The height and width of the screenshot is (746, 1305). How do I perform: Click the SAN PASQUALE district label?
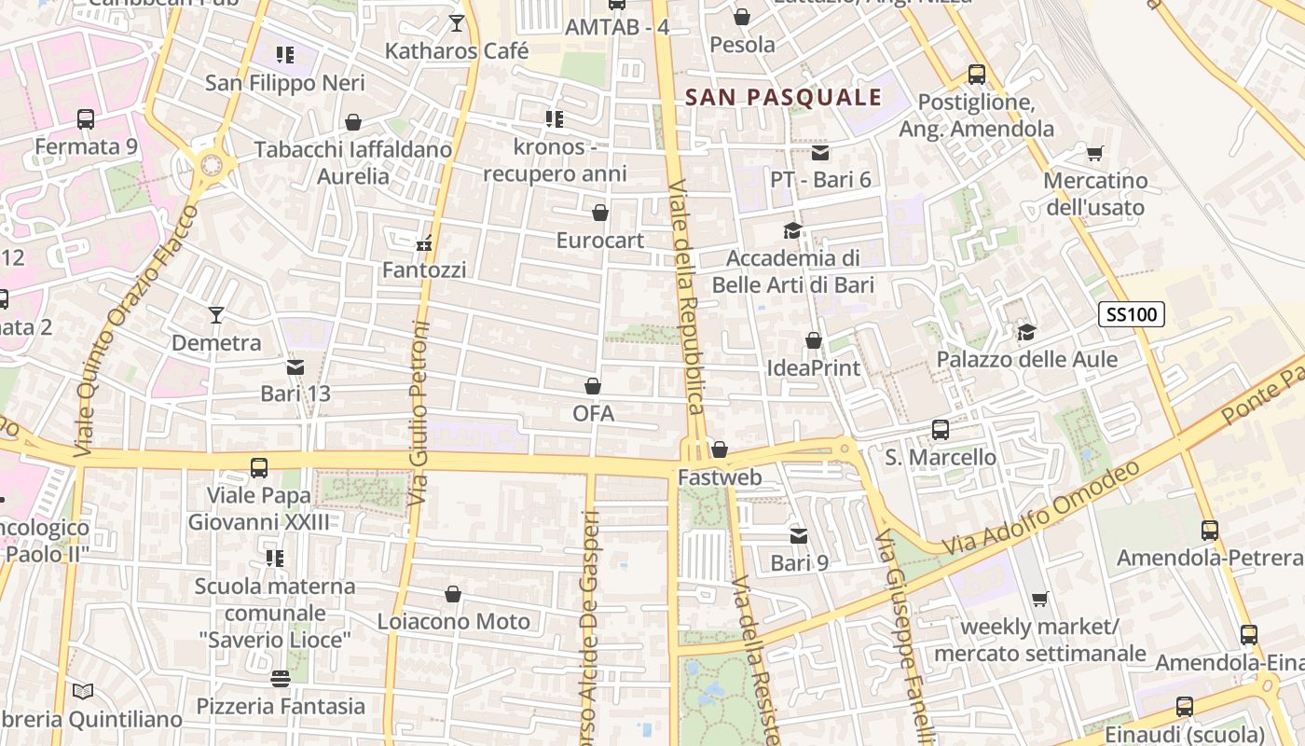pyautogui.click(x=783, y=97)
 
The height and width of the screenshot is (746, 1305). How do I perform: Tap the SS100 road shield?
pyautogui.click(x=1132, y=314)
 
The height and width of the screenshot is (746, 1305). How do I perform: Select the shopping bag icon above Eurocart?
pyautogui.click(x=600, y=214)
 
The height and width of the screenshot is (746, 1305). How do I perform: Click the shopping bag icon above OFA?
pyautogui.click(x=593, y=386)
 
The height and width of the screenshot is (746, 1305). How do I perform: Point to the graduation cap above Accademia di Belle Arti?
pyautogui.click(x=792, y=230)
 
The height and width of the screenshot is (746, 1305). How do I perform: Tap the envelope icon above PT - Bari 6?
pyautogui.click(x=820, y=153)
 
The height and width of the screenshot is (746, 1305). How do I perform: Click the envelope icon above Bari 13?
pyautogui.click(x=295, y=367)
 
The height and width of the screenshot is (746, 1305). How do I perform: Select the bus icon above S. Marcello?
pyautogui.click(x=941, y=430)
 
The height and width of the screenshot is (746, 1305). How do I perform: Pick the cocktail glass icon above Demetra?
pyautogui.click(x=216, y=315)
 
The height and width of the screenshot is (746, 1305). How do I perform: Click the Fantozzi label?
pyautogui.click(x=424, y=269)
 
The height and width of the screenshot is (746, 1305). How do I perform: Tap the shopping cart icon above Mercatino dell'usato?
pyautogui.click(x=1095, y=153)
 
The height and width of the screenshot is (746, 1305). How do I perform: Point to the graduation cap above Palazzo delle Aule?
pyautogui.click(x=1026, y=332)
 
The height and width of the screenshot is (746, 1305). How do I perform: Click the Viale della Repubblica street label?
pyautogui.click(x=688, y=296)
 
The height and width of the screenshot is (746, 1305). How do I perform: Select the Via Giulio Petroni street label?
pyautogui.click(x=419, y=414)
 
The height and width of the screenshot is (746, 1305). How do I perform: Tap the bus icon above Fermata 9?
pyautogui.click(x=86, y=119)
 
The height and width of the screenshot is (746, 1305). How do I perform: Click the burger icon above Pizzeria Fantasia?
pyautogui.click(x=281, y=679)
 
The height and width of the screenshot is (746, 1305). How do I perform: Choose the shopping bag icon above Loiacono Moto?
pyautogui.click(x=453, y=594)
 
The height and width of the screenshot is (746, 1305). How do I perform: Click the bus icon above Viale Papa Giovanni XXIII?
pyautogui.click(x=259, y=467)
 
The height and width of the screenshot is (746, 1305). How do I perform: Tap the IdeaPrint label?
pyautogui.click(x=814, y=367)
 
